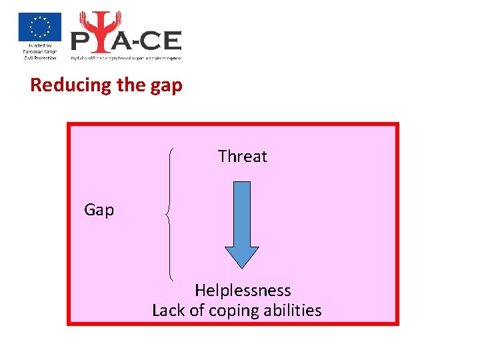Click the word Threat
point(242,157)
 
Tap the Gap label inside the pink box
point(99,210)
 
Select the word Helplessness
point(243,291)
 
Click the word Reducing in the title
point(61,85)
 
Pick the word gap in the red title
point(165,87)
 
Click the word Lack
point(167,311)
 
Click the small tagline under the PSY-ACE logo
point(126,58)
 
